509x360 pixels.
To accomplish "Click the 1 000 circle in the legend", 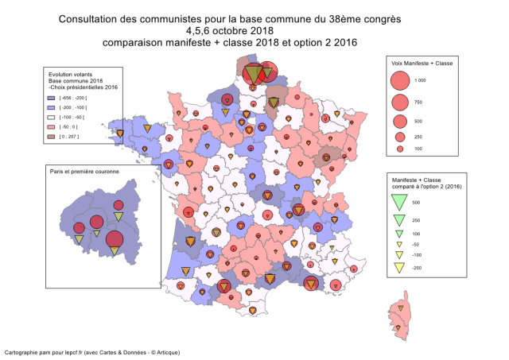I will point(400,80).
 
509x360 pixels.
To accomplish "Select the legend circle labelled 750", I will point(400,103).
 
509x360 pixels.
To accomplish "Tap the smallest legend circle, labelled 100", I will point(400,149).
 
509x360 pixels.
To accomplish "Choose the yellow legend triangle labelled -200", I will point(400,267).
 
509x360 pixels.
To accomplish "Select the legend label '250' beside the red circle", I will point(420,136).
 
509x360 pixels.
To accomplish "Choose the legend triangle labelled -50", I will point(400,244).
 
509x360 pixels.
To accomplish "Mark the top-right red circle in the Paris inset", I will point(119,205).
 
